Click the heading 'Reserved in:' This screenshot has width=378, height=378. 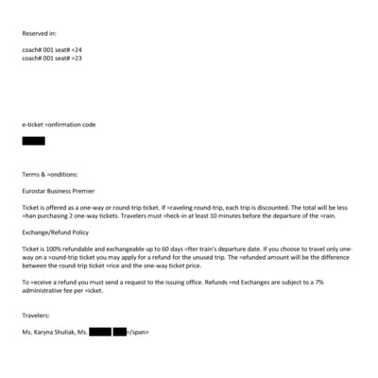coord(40,34)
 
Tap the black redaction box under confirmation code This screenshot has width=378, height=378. coord(33,141)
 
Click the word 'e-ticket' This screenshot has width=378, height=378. coord(34,124)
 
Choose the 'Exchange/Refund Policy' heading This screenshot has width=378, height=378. coord(56,231)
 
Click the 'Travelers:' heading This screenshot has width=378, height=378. coord(37,315)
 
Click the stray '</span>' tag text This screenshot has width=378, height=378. coord(138,332)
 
